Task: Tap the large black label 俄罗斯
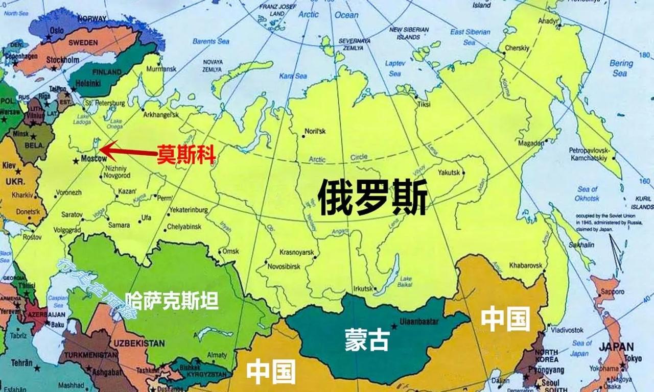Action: click(372, 198)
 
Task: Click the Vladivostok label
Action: click(564, 330)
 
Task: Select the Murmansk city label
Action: click(161, 68)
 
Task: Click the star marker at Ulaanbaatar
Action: click(393, 325)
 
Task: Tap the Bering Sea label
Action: click(620, 68)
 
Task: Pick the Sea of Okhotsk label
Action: click(587, 193)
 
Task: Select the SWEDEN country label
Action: click(83, 43)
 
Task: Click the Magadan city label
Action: click(531, 143)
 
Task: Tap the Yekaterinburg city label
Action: click(189, 209)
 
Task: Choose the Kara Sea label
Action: click(293, 76)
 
